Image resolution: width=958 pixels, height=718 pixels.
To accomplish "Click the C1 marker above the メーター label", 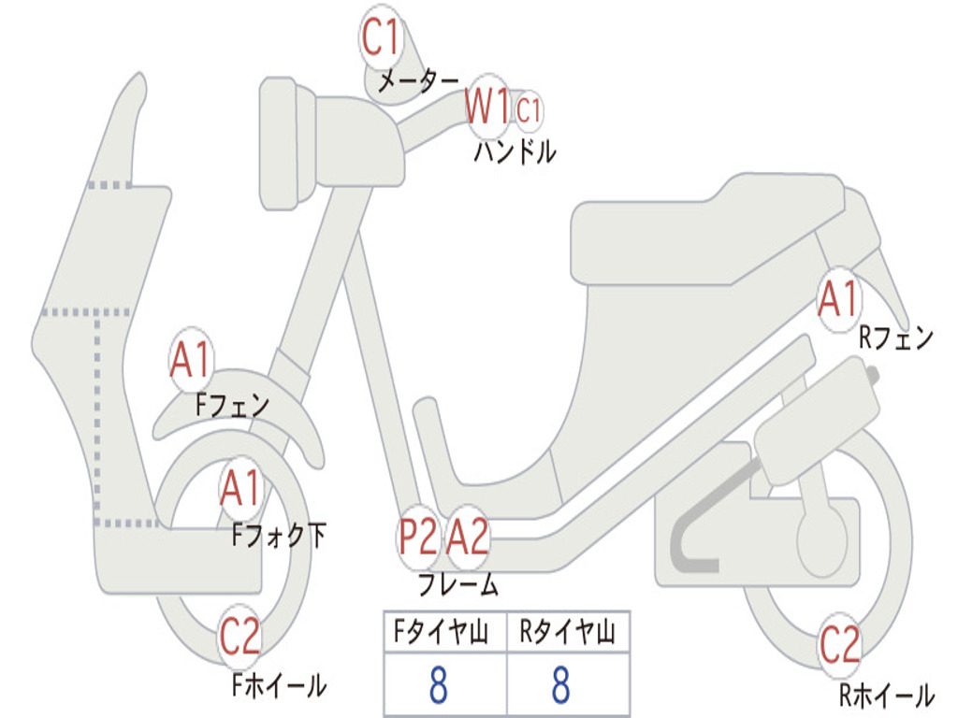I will (x=382, y=39).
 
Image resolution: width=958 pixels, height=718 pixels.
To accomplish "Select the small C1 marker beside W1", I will (x=529, y=110).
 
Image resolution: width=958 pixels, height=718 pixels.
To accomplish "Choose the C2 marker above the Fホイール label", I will (x=239, y=638).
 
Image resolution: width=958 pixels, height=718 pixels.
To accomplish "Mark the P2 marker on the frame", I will (x=417, y=538).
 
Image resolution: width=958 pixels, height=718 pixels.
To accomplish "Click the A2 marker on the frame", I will (x=467, y=538).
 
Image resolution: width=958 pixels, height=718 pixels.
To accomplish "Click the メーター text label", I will (x=418, y=82).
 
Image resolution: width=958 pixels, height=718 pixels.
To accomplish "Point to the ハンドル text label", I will (x=515, y=151).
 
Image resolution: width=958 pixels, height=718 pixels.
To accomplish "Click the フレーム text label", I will (x=457, y=586).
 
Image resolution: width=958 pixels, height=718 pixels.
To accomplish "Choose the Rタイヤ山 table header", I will (x=567, y=634).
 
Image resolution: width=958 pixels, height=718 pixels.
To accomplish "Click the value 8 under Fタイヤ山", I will (x=438, y=685).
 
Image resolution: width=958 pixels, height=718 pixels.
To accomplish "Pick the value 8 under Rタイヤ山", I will (x=560, y=685).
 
